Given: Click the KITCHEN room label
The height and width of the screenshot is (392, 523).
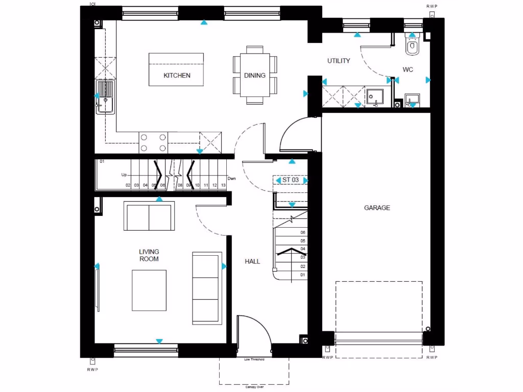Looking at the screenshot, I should coord(177,76).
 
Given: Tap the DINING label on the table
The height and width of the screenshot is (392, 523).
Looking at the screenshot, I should coord(254,76).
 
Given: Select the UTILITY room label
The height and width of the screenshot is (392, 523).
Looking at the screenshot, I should coord(339,61).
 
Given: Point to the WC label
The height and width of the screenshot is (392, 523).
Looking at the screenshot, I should coord(408,69).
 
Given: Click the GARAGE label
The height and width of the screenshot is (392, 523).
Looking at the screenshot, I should coord(377,208).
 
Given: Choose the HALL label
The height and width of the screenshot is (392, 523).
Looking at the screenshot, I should coord(252,261).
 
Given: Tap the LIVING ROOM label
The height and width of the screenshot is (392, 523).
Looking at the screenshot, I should coord(149,255).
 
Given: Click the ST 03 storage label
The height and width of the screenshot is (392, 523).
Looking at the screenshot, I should coord(290,180).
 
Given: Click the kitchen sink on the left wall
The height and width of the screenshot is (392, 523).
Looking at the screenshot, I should coord(105,97).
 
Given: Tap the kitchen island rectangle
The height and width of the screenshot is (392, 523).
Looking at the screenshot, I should coord(177,69).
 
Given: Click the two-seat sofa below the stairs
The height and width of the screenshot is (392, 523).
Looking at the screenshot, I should coord(149,216).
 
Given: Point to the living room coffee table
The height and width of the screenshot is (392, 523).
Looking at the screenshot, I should coord(149,290).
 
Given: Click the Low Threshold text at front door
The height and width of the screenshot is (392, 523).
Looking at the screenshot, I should coord(254,359).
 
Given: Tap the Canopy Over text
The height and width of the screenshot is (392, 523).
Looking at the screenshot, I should coord(254,387).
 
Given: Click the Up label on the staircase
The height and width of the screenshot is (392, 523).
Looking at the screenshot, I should coord(124,175).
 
